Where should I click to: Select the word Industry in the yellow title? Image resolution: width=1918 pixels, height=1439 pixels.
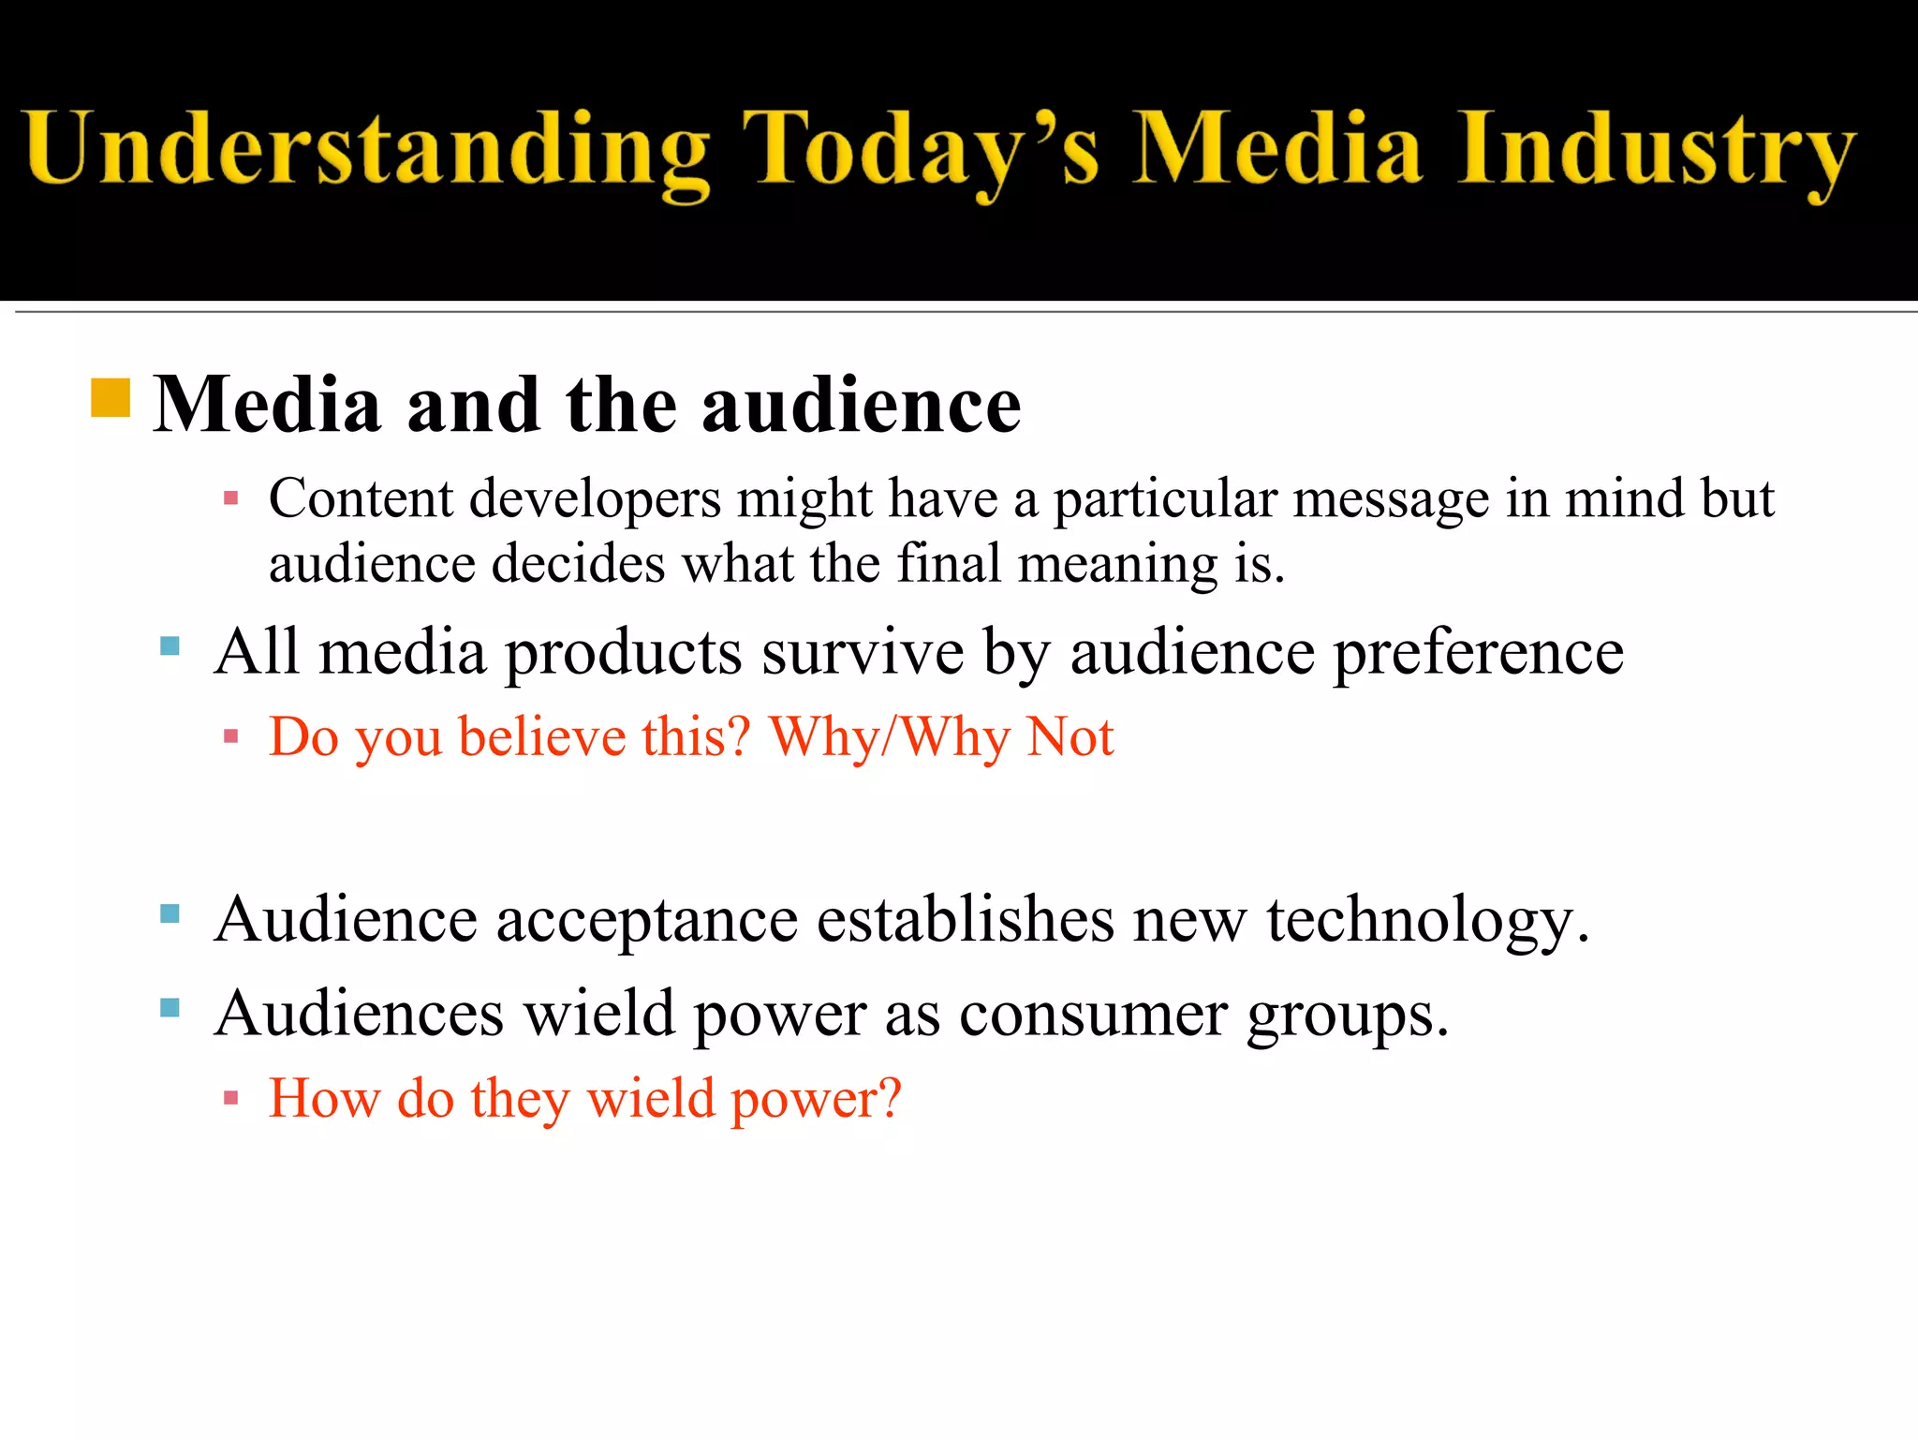(1656, 150)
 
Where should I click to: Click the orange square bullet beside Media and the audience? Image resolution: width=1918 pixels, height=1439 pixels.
(111, 397)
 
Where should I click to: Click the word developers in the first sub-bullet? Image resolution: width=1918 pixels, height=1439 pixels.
(595, 498)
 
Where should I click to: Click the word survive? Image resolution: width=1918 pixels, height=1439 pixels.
(862, 652)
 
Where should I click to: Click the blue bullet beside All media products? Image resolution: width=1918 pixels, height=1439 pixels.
(170, 645)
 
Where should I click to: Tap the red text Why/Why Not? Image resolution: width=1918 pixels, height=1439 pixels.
(941, 737)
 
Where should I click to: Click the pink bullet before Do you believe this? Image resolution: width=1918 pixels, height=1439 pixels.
(231, 736)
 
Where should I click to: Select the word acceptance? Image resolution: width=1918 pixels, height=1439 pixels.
(646, 919)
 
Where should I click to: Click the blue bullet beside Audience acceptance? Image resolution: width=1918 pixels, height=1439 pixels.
(170, 914)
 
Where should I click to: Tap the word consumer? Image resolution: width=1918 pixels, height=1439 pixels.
(1092, 1014)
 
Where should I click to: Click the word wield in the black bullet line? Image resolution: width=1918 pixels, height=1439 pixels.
(598, 1014)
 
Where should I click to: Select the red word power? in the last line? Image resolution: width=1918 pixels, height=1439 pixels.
(815, 1099)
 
